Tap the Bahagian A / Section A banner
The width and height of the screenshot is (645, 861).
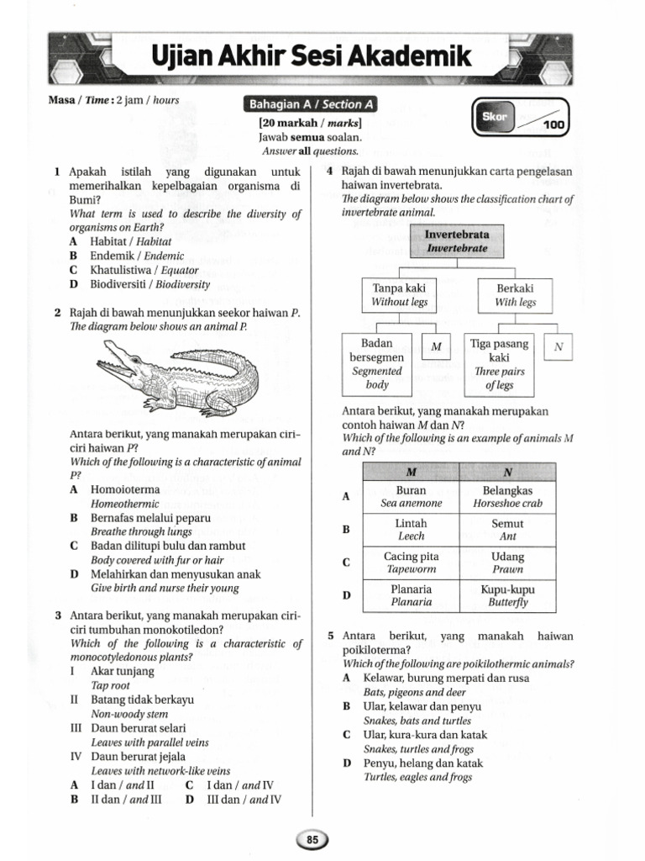pos(309,105)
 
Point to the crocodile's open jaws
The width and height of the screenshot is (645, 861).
pos(118,364)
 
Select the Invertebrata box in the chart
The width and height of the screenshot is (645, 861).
pos(456,240)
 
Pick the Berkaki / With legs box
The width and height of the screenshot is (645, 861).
pos(515,294)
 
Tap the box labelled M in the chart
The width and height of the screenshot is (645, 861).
pos(436,346)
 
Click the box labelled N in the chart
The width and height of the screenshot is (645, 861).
pos(558,346)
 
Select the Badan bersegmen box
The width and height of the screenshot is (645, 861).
pos(377,364)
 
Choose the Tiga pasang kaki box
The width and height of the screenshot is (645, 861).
pos(499,364)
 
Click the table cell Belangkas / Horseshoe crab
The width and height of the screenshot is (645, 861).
pos(508,497)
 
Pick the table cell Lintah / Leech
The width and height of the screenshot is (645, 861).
pos(411,530)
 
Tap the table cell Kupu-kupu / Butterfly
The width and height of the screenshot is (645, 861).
pos(508,595)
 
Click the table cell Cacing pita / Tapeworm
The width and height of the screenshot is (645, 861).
pos(411,563)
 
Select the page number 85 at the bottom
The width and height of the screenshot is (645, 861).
pos(312,838)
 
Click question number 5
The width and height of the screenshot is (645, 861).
pos(331,636)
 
